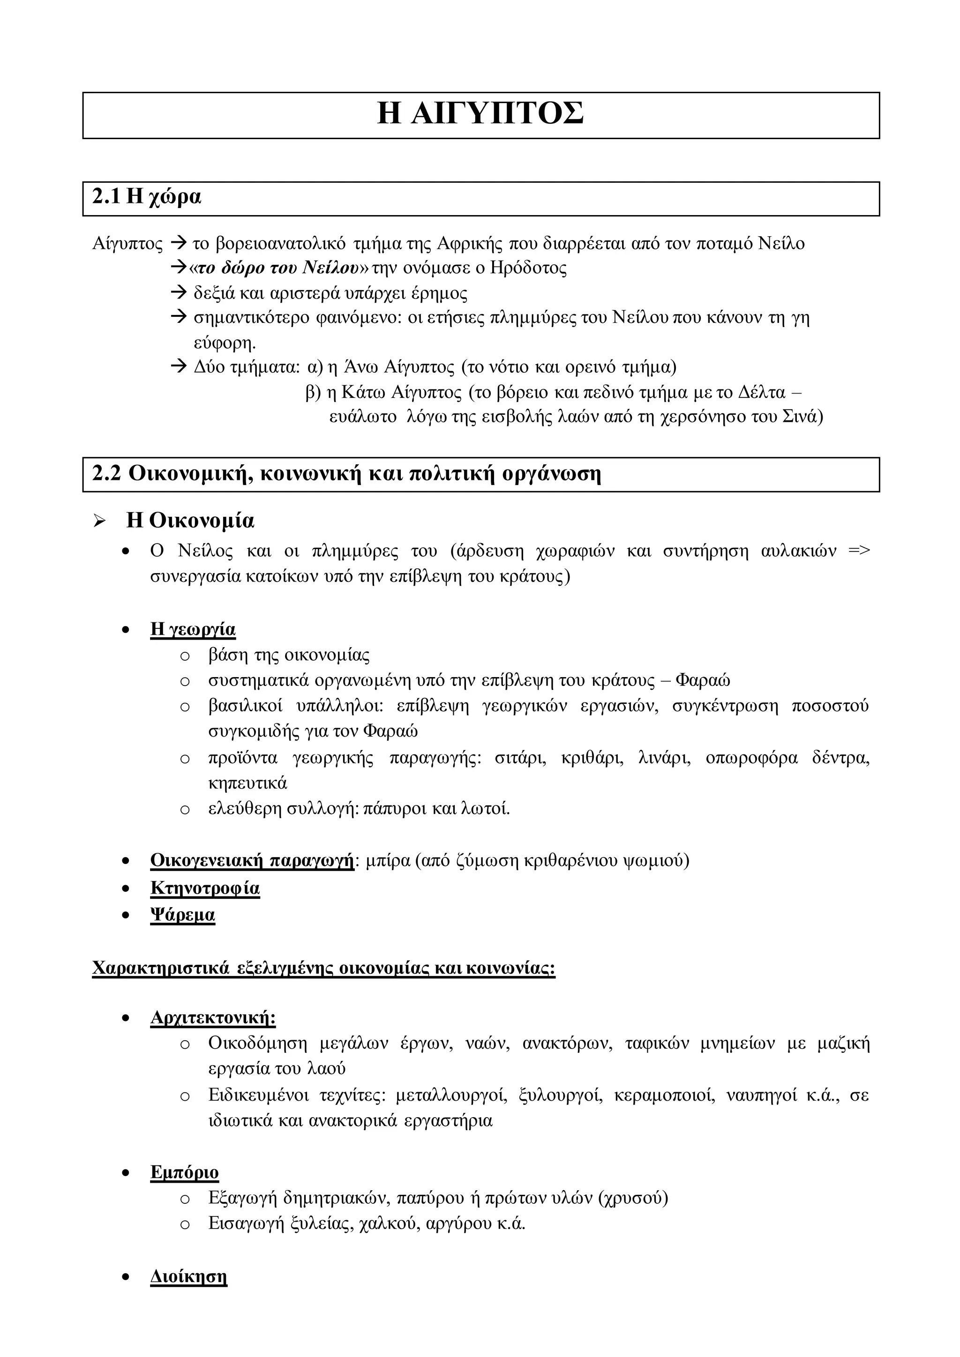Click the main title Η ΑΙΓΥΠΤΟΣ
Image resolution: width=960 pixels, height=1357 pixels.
pyautogui.click(x=480, y=114)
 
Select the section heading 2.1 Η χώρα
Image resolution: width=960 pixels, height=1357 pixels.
pyautogui.click(x=147, y=197)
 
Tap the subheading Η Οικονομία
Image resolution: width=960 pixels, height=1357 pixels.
pyautogui.click(x=190, y=521)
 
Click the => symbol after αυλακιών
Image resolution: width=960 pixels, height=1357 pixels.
pyautogui.click(x=858, y=551)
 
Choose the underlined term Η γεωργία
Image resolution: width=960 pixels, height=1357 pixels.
pyautogui.click(x=193, y=629)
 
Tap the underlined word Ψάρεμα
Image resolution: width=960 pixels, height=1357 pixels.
pyautogui.click(x=183, y=915)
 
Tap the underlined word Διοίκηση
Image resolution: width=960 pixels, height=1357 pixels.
pyautogui.click(x=188, y=1276)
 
